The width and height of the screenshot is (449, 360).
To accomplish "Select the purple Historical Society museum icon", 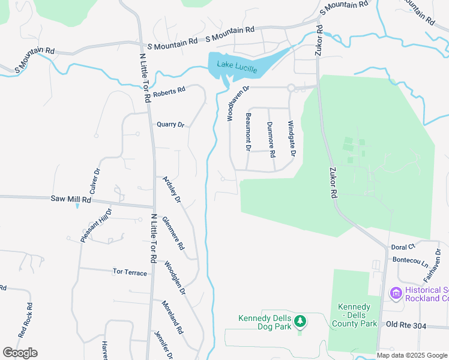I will tap(396, 293).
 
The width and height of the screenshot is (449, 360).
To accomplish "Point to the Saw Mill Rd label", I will tap(71, 199).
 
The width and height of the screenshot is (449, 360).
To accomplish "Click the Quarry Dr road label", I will tap(169, 125).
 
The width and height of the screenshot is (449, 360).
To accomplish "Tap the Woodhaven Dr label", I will tap(236, 103).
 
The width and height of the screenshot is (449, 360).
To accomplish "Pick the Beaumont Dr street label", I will tap(248, 131).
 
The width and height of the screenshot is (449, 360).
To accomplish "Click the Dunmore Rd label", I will tap(271, 139).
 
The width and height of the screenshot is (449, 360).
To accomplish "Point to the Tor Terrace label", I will tap(130, 272).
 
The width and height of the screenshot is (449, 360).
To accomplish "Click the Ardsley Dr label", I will tap(172, 189).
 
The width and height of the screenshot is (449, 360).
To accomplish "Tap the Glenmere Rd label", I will tap(173, 233).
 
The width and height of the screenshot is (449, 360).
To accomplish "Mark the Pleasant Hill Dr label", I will tap(97, 226).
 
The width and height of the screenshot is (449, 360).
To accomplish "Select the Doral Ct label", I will tap(403, 247).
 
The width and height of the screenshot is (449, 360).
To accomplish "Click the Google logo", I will tap(20, 353).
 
